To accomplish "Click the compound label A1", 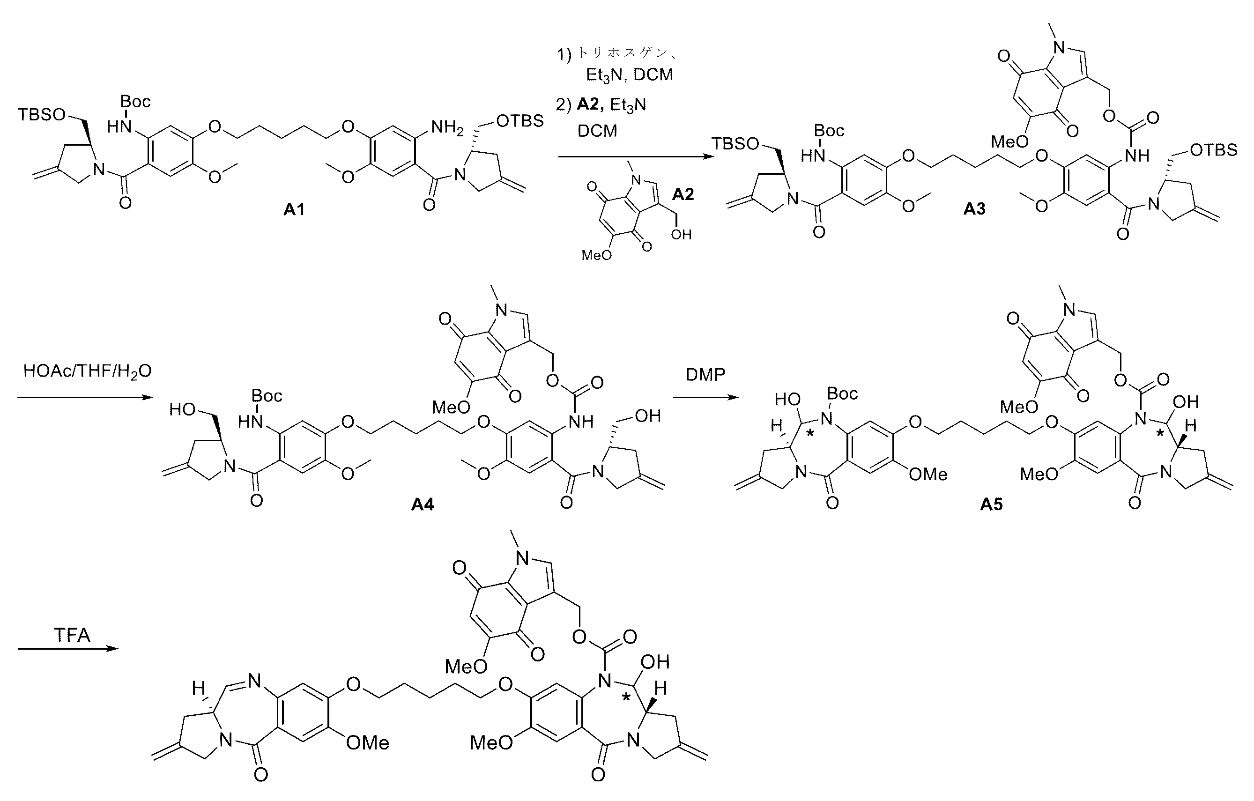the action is pos(294,209).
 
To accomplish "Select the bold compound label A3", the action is pos(974,209).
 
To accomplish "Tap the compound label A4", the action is pos(423,504).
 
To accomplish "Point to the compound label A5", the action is pos(991,504).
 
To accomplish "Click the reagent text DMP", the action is pos(705,374).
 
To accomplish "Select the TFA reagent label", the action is pos(72,635).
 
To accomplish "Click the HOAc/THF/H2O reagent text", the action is pos(88,371).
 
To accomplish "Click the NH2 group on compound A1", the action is pos(446,127).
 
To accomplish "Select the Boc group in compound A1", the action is pos(135,101).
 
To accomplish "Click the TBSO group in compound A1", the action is pos(42,115).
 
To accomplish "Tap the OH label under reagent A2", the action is pos(681,235).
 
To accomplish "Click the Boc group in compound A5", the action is pos(843,394).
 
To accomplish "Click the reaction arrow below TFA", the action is pos(69,649).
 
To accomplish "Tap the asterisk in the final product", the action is pos(626,697).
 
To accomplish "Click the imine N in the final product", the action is pos(255,680).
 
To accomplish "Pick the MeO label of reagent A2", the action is pos(597,255).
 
